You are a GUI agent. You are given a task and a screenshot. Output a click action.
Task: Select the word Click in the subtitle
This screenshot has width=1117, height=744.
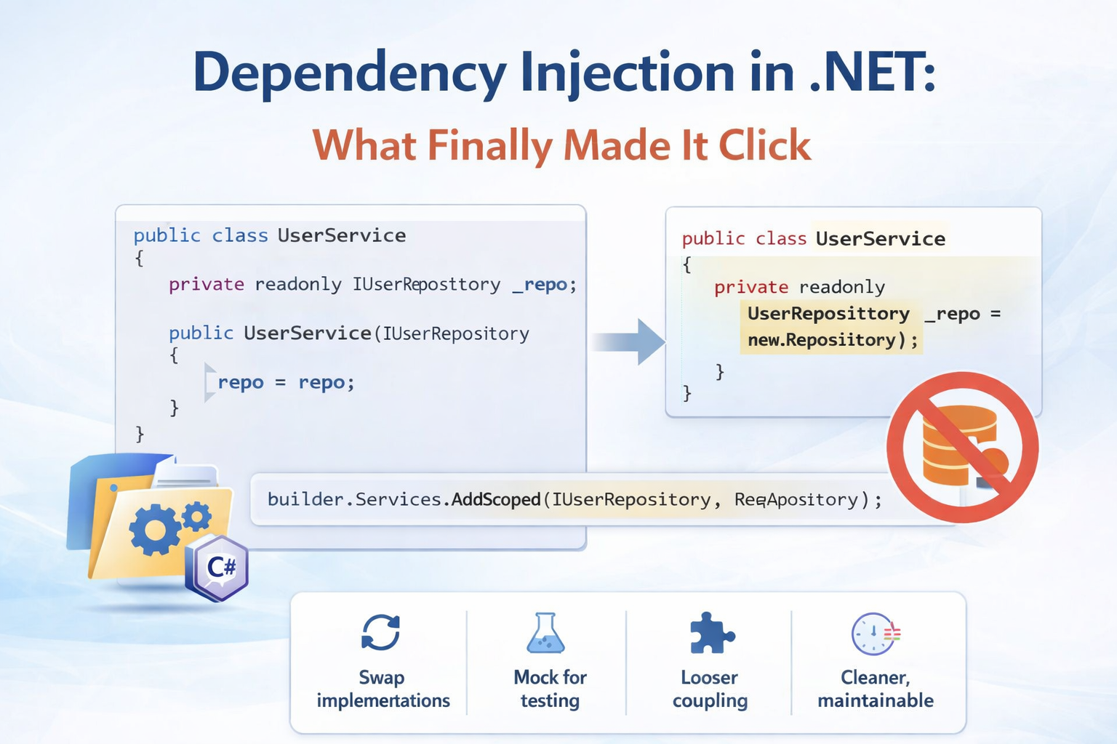click(x=764, y=145)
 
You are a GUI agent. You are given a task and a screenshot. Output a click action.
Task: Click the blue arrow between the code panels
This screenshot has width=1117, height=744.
click(x=631, y=341)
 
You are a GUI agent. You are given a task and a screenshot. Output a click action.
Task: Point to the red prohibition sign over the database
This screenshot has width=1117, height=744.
click(x=962, y=447)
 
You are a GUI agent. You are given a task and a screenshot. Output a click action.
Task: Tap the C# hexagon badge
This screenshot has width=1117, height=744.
click(x=218, y=567)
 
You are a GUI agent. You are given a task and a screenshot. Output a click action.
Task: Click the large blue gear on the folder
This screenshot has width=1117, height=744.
click(x=155, y=530)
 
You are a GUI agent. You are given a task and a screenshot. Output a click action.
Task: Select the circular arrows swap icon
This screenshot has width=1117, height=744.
click(x=381, y=632)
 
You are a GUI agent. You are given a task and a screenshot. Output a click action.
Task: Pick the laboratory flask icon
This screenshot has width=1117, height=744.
click(x=545, y=634)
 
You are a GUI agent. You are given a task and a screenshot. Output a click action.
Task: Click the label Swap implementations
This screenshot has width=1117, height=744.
click(x=383, y=689)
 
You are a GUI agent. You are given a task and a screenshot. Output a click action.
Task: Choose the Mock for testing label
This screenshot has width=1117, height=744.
click(x=550, y=689)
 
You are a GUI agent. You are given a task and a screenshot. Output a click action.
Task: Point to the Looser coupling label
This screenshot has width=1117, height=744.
click(x=710, y=689)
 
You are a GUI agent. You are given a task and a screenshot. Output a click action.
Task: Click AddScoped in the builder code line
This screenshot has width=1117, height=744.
click(x=496, y=499)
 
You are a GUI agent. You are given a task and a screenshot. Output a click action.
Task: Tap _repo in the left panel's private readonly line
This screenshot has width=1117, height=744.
click(x=540, y=284)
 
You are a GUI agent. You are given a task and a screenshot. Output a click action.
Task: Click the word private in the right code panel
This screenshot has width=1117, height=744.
click(x=751, y=287)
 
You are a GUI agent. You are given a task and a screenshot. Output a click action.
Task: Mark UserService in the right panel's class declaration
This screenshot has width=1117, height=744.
click(x=880, y=238)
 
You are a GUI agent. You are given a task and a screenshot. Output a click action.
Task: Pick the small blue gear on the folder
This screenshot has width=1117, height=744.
click(x=196, y=517)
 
